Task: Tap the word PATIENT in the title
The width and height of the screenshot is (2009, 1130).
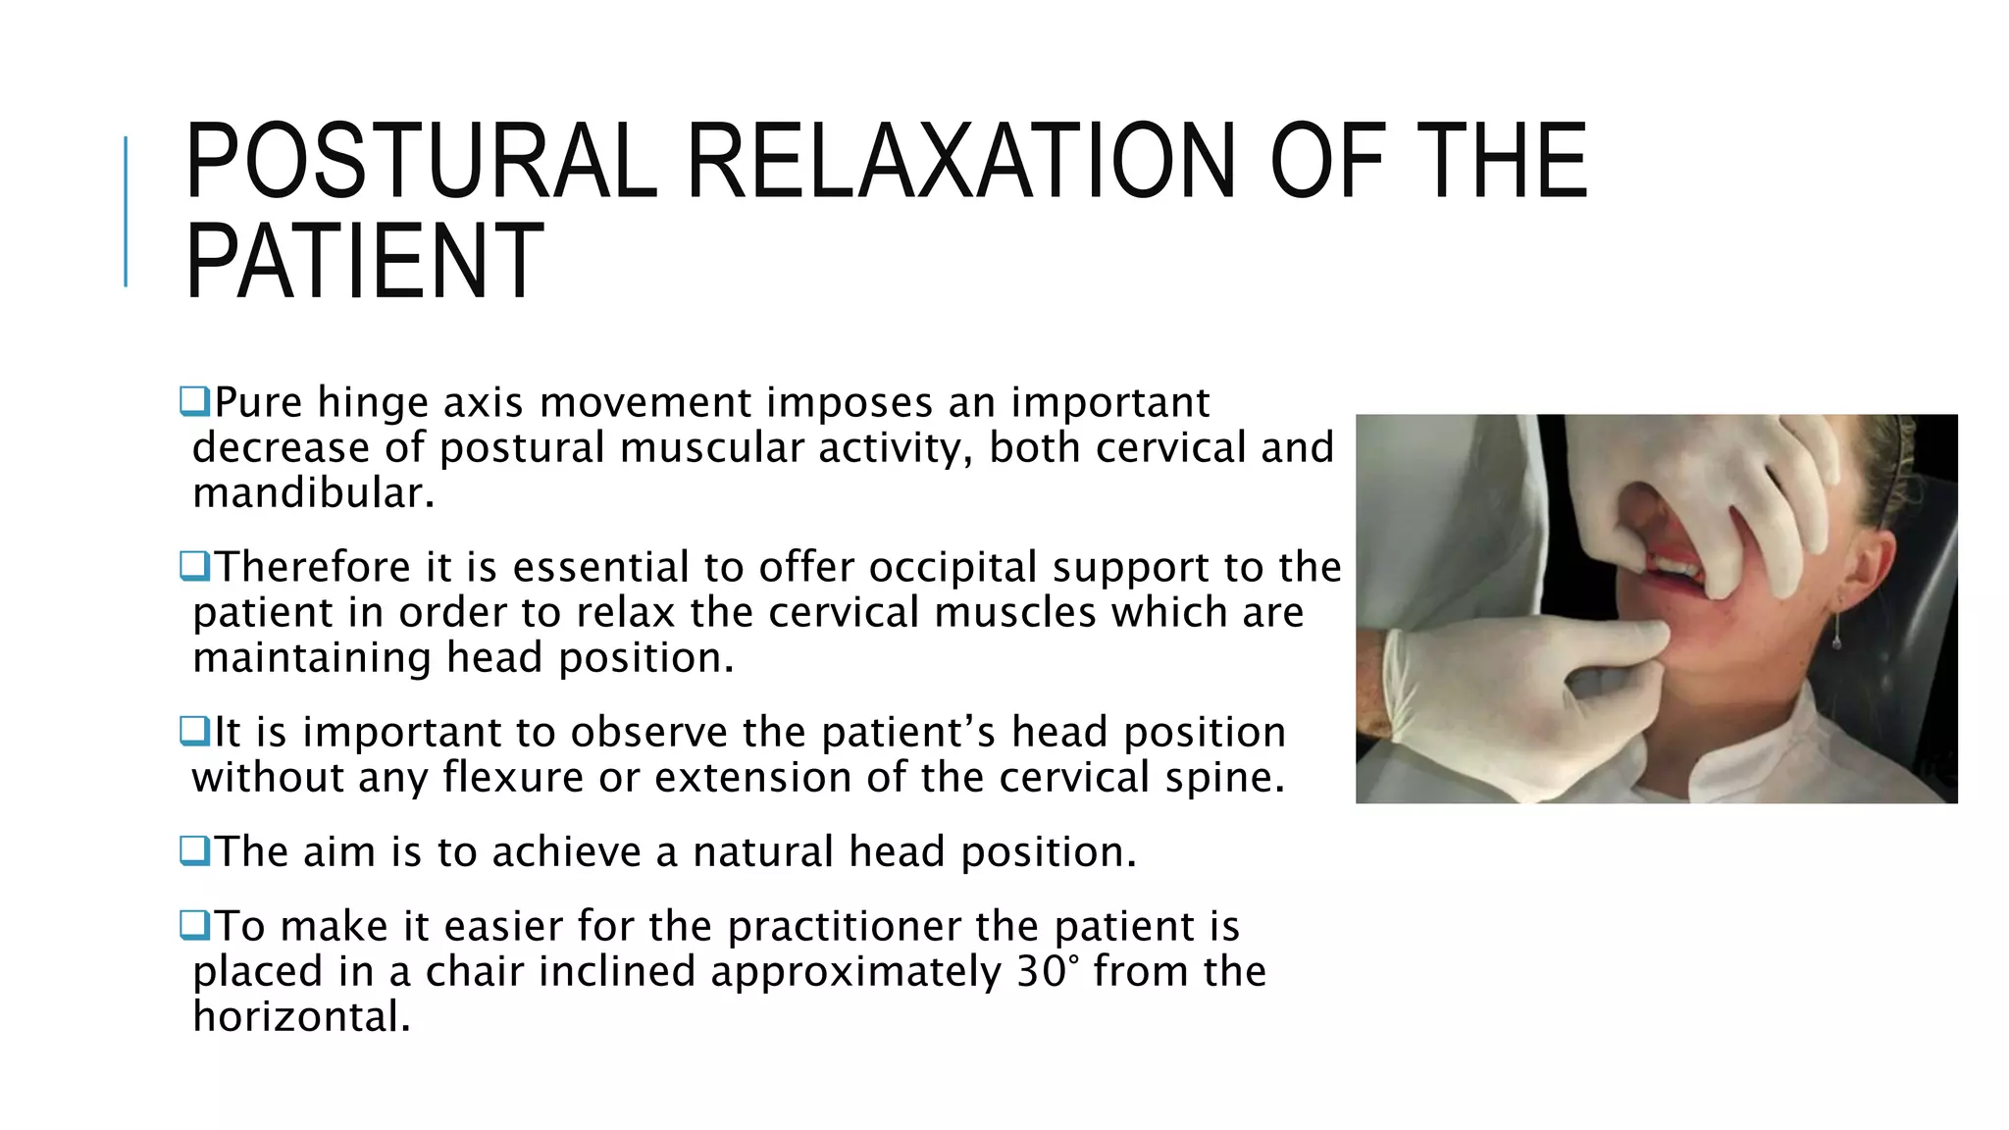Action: (364, 261)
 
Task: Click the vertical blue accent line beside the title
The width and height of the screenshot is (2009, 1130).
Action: (126, 211)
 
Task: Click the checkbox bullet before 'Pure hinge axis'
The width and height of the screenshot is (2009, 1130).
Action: (194, 401)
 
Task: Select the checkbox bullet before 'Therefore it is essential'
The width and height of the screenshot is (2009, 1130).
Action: (194, 566)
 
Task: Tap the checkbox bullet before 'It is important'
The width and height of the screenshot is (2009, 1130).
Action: (194, 731)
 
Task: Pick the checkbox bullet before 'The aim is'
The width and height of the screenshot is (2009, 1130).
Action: (194, 850)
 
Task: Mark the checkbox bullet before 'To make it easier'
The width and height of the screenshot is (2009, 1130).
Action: (194, 925)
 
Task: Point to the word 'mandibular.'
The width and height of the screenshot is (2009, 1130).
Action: (313, 492)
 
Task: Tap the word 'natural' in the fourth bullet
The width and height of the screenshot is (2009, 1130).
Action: (762, 851)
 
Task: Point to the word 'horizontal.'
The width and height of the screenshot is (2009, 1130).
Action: (301, 1016)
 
